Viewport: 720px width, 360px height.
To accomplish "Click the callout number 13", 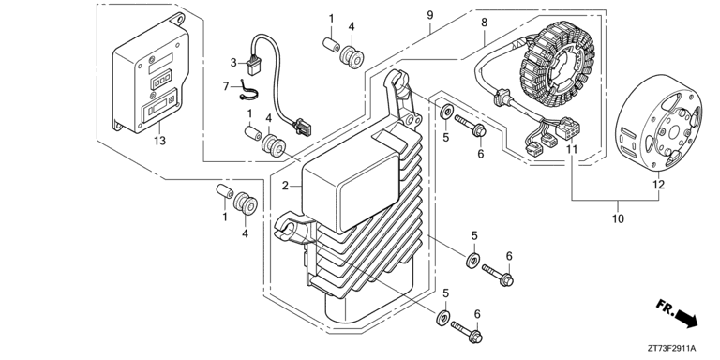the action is pos(159,141).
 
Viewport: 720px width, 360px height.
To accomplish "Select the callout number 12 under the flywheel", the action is pos(658,185).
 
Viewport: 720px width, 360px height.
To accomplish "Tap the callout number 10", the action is pos(619,218).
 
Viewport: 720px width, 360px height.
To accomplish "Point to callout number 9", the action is pos(429,15).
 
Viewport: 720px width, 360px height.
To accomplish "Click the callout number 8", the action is pos(484,22).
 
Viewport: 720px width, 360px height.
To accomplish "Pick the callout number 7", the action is pos(225,86).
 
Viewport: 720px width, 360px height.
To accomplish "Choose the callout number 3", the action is pos(233,63).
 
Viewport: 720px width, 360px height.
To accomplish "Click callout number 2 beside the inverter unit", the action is pos(285,186).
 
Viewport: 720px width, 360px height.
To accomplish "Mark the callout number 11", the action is pos(571,149).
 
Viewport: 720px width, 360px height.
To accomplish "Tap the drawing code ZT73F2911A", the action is pos(673,348).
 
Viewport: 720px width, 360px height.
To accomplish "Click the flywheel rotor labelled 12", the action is pos(658,124).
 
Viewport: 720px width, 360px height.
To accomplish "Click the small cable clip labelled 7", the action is pos(247,93).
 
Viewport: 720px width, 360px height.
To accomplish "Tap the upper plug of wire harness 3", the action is pos(253,67).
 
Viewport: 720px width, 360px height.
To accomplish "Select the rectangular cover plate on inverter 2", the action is pos(352,189).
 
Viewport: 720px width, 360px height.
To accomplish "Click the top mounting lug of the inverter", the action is pos(397,84).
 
